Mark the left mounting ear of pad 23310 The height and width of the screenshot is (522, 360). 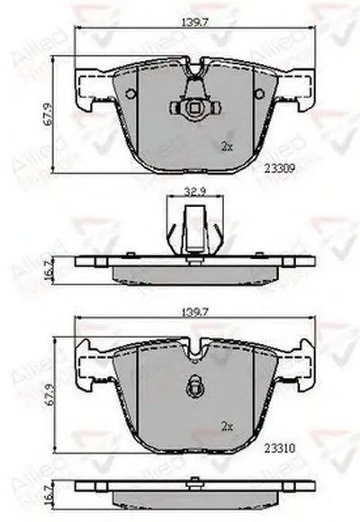pyautogui.click(x=92, y=364)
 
